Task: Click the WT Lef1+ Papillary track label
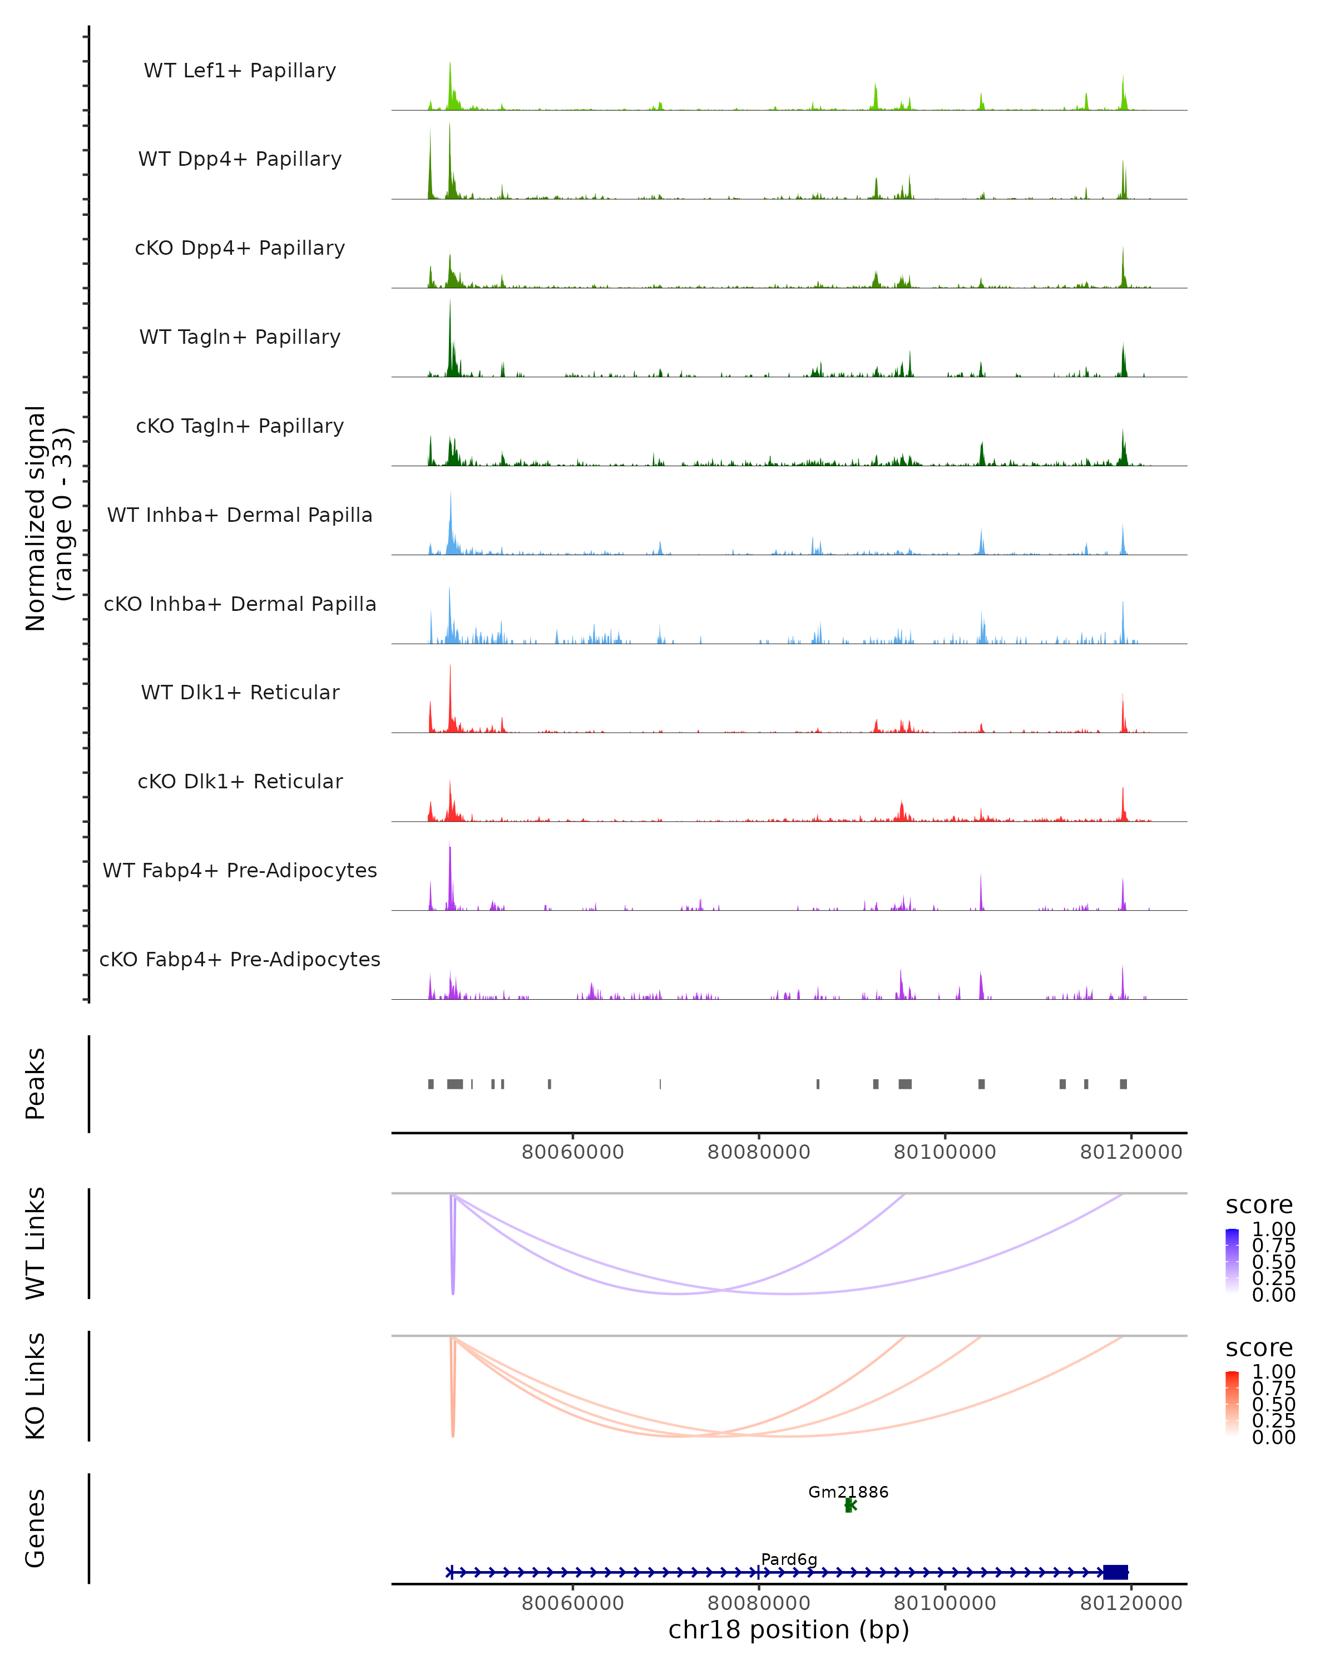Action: pos(240,71)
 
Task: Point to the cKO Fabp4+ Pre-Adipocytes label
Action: pos(240,959)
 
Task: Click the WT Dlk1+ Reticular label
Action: pos(240,692)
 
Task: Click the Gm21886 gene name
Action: pos(848,1492)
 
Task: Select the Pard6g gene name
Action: pos(789,1559)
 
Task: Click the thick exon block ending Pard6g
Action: pos(1115,1572)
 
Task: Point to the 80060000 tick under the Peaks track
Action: pos(573,1152)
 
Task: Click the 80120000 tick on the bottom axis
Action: pos(1131,1603)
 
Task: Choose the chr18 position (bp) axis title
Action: pos(789,1630)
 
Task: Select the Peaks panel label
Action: pos(36,1084)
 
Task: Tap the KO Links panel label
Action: pos(36,1386)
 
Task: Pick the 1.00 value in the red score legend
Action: pos(1274,1372)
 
